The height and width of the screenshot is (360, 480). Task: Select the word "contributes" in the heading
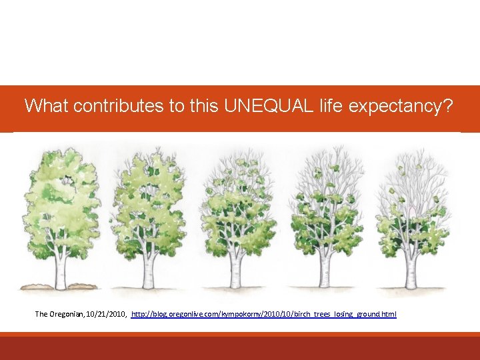click(120, 105)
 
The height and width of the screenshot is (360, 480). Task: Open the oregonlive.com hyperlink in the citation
click(264, 313)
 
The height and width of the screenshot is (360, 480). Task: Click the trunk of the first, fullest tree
click(61, 270)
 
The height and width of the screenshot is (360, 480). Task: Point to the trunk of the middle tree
click(236, 270)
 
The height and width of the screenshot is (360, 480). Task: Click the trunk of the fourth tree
click(325, 270)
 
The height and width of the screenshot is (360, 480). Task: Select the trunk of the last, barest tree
click(411, 270)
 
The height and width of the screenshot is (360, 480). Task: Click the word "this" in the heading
click(198, 105)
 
